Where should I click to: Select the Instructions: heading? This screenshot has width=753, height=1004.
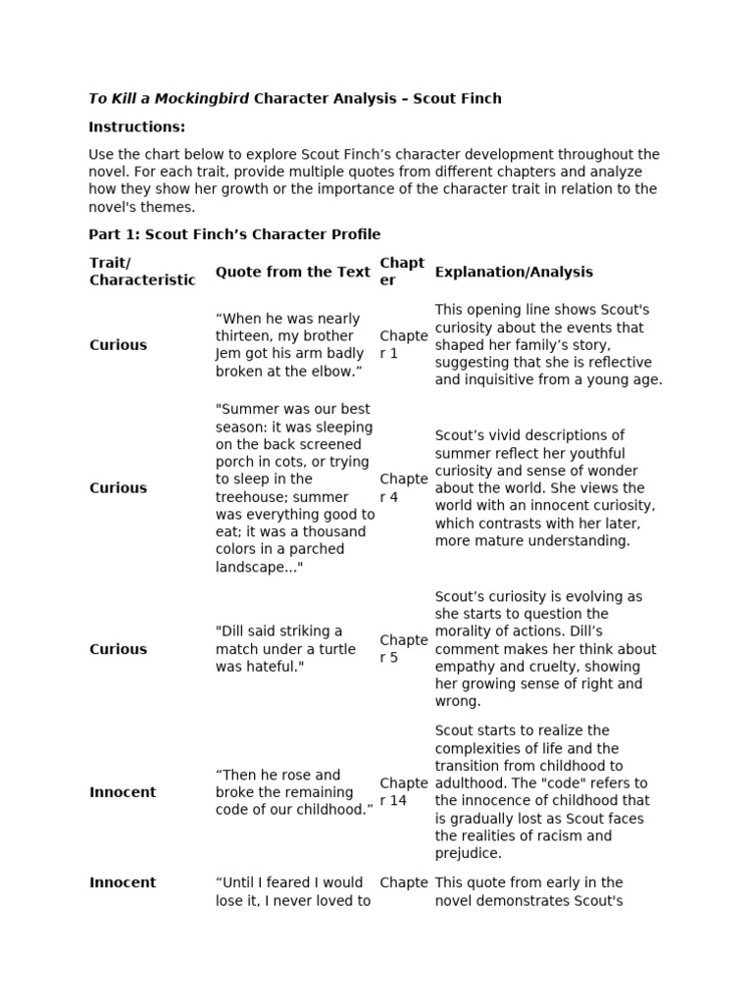(x=136, y=126)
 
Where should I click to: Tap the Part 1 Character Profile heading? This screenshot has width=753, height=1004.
(x=234, y=234)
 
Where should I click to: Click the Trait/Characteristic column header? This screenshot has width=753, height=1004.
(x=142, y=272)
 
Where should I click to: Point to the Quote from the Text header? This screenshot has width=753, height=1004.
(x=293, y=272)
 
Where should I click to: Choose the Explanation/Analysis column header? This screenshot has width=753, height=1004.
(x=514, y=272)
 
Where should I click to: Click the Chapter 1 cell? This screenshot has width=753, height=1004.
(x=403, y=344)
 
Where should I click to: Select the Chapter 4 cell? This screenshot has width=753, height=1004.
(x=403, y=487)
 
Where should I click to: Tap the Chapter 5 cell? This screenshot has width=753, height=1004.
(x=403, y=648)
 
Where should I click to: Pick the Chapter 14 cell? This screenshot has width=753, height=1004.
(x=403, y=791)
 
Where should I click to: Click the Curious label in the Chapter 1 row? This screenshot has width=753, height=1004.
(x=118, y=344)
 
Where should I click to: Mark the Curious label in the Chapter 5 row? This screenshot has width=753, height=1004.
(x=118, y=648)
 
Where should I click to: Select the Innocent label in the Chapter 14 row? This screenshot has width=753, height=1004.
(x=123, y=791)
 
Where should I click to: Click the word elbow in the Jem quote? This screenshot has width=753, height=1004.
(x=327, y=372)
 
